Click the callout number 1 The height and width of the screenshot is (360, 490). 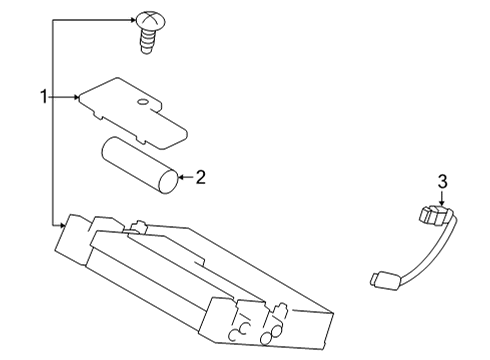pos(43,96)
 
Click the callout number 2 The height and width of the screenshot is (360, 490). pos(200,178)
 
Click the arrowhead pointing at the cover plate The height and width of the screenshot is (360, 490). pos(78,97)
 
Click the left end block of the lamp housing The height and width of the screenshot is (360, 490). pos(74,240)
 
